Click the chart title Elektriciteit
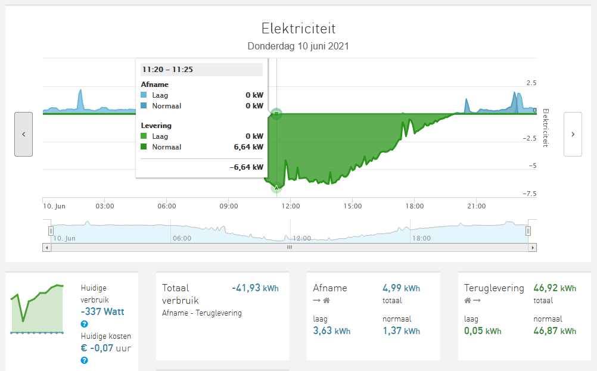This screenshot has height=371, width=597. [x=298, y=28]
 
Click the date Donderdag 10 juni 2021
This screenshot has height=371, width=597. [x=298, y=46]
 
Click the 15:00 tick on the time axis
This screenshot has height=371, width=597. [x=352, y=206]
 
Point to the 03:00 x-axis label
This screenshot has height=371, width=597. [x=105, y=206]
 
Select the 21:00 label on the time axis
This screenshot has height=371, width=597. [x=476, y=206]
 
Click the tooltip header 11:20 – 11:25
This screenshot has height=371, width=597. [x=167, y=70]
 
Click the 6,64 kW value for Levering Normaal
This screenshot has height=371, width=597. [x=250, y=147]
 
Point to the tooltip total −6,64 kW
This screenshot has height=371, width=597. [x=247, y=167]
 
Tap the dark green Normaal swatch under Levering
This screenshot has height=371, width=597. [x=144, y=147]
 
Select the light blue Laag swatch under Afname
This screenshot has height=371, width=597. [x=144, y=95]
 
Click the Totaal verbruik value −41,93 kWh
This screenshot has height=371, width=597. [x=255, y=288]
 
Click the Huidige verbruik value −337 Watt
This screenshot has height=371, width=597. [x=103, y=311]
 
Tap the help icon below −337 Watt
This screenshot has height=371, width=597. [x=85, y=324]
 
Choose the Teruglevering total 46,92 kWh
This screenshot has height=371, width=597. [x=555, y=288]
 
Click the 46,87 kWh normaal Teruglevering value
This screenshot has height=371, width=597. [x=555, y=331]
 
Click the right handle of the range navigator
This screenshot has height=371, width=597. [x=528, y=231]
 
